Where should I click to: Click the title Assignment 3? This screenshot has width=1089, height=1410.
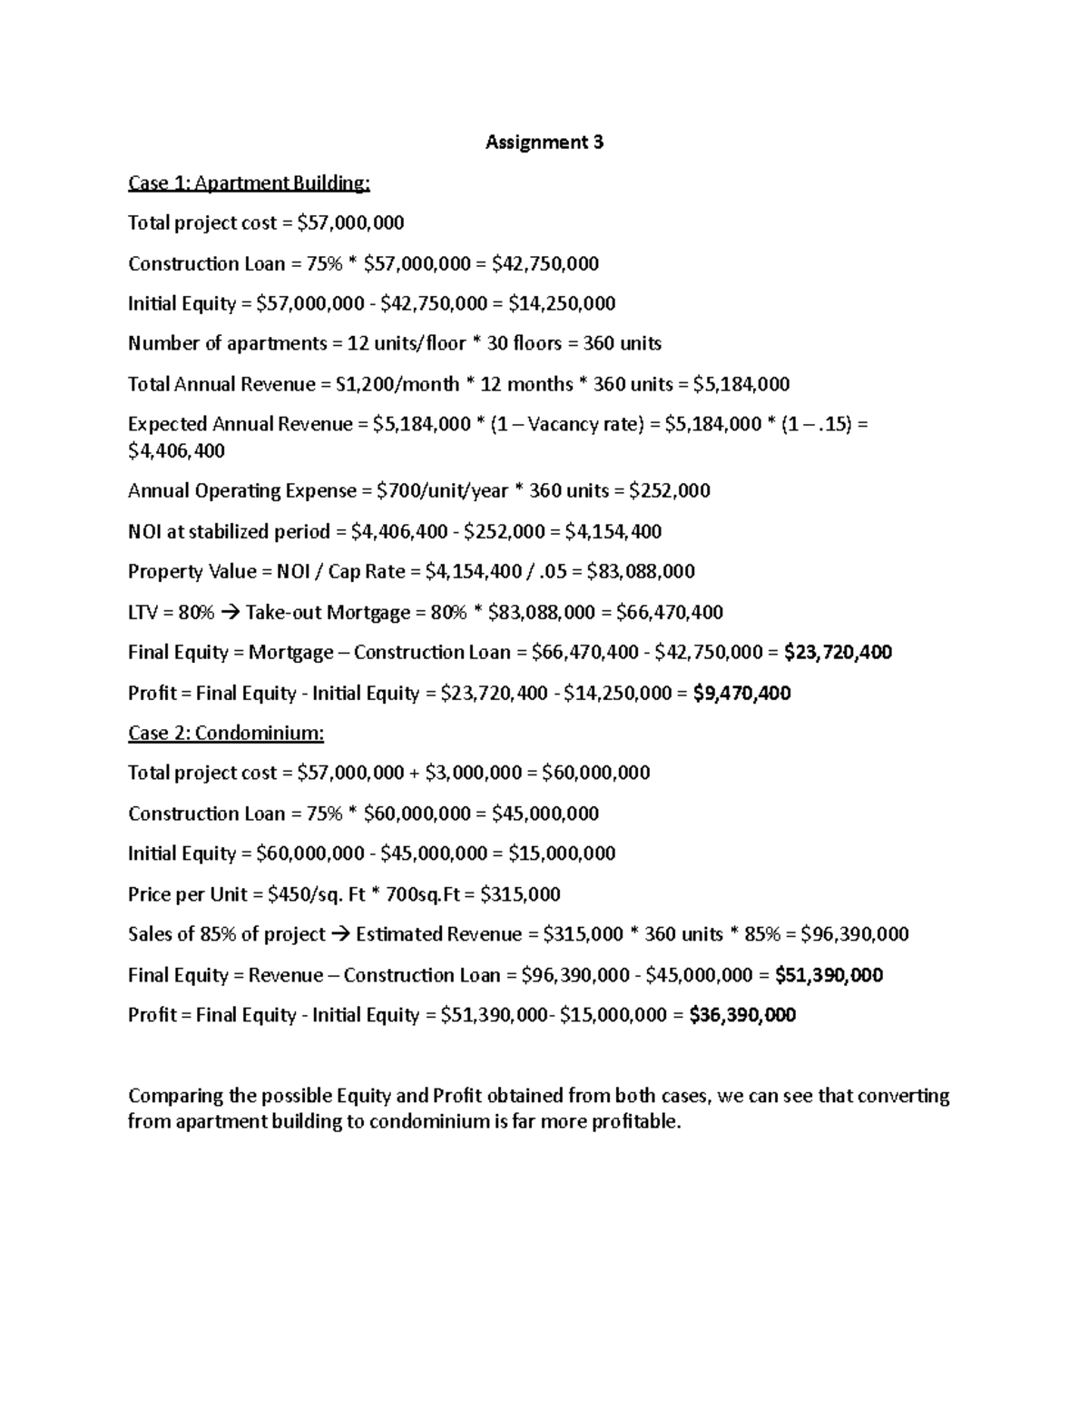(x=544, y=142)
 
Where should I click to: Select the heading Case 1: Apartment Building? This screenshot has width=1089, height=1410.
(x=249, y=182)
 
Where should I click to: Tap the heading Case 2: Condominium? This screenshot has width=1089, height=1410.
(x=226, y=733)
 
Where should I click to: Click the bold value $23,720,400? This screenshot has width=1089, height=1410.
(x=838, y=652)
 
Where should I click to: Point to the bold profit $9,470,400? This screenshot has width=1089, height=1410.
(x=741, y=693)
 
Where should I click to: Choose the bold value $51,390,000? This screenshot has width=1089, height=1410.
(x=829, y=975)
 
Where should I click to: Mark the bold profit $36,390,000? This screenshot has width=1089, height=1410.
(x=742, y=1015)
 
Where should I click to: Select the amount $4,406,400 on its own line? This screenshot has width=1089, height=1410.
(x=176, y=450)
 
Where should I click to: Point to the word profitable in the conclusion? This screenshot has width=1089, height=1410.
(x=635, y=1121)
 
